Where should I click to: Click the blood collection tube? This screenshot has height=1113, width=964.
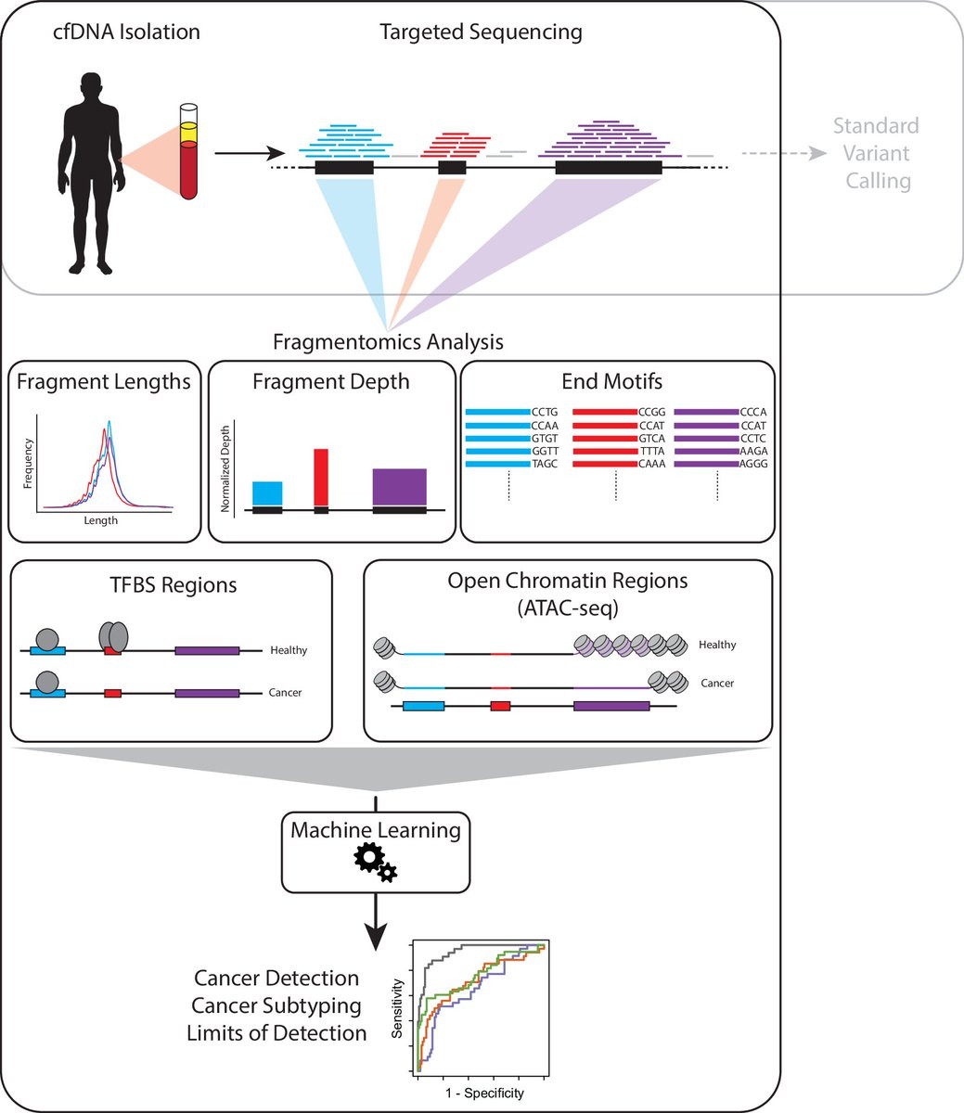[188, 151]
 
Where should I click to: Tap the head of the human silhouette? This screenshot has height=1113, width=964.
[91, 85]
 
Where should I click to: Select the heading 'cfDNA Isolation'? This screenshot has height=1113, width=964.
[126, 32]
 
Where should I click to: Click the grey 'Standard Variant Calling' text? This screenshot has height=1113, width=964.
[876, 153]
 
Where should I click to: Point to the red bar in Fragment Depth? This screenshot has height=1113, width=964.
[321, 478]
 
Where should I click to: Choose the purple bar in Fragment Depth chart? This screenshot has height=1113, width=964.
[400, 487]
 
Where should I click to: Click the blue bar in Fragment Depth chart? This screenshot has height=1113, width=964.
[267, 493]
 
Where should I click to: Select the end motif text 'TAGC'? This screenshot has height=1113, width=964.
[545, 464]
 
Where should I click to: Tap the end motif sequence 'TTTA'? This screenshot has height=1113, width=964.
[651, 451]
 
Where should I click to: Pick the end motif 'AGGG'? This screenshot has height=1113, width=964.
[752, 464]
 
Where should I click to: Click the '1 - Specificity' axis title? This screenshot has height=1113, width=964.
[484, 1094]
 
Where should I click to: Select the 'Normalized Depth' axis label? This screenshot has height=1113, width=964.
[225, 468]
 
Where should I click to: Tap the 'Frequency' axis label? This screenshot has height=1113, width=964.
[28, 463]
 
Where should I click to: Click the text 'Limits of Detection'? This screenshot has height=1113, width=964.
[276, 1032]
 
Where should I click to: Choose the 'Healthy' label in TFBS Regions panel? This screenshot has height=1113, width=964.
[289, 650]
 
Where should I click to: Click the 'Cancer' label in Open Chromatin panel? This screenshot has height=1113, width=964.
[717, 683]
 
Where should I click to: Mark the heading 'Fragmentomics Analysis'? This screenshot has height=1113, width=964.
[388, 342]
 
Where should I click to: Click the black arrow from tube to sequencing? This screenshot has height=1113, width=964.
[250, 153]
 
